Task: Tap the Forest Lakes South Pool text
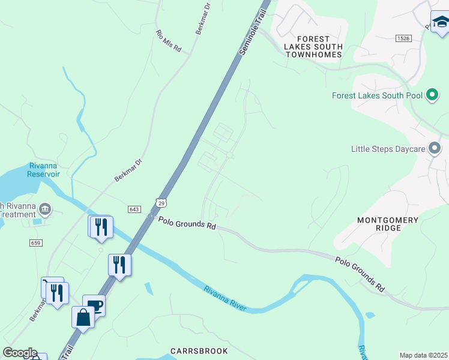tap(378, 95)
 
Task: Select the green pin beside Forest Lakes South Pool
tap(432, 95)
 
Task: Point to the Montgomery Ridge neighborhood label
tap(388, 224)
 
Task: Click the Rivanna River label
tap(225, 298)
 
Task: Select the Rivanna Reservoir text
tap(44, 170)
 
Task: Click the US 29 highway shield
tap(160, 203)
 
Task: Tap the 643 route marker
tap(134, 208)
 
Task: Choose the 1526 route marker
tap(403, 38)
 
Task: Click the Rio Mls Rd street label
tap(169, 41)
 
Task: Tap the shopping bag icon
tap(83, 317)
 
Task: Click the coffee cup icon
tap(94, 305)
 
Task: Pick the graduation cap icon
tap(441, 23)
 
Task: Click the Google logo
tap(20, 353)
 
